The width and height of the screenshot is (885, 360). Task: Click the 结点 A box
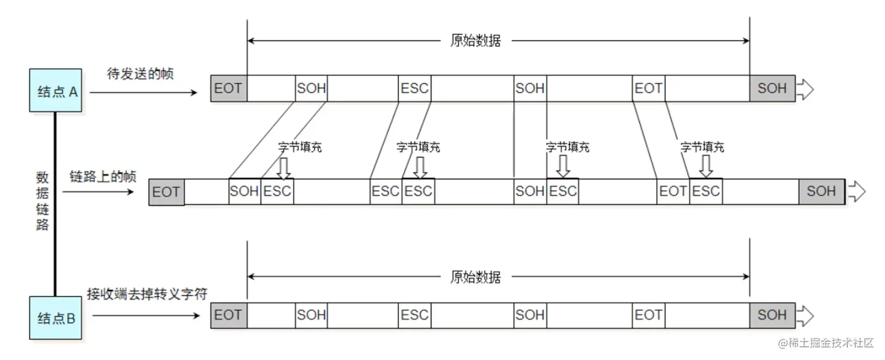tap(56, 90)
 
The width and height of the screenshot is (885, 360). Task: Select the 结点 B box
tap(56, 318)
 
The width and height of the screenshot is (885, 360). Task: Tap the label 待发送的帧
tap(140, 74)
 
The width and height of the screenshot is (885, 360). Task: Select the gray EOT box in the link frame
tap(166, 192)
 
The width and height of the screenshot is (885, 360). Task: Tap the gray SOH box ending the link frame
tap(821, 191)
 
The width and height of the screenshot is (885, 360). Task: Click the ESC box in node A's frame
tap(414, 89)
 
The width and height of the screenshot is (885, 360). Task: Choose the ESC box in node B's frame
tap(414, 315)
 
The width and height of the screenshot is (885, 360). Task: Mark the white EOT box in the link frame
tap(673, 191)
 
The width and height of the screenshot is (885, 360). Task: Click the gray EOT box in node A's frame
tap(228, 89)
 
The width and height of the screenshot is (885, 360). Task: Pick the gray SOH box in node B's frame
tap(772, 315)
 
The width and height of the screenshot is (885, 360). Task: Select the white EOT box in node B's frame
tap(648, 315)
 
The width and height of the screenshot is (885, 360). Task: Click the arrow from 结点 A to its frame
tap(144, 92)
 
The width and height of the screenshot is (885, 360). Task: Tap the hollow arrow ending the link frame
tap(857, 192)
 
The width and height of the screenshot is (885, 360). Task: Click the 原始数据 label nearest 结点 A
tap(475, 41)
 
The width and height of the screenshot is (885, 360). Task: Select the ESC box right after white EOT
tap(706, 191)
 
